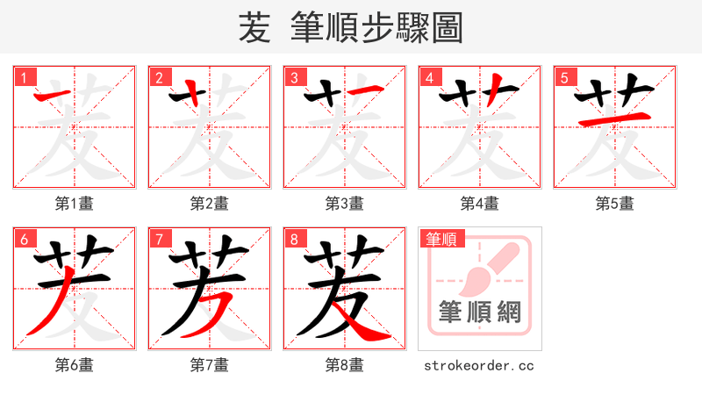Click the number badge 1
pos(24,77)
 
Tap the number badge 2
pos(159,77)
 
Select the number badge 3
pos(294,77)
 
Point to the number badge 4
pos(429,77)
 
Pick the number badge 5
pos(564,77)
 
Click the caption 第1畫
pos(75,204)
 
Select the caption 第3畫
pos(345,204)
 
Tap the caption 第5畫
pos(615,204)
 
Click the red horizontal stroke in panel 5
pos(615,118)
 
